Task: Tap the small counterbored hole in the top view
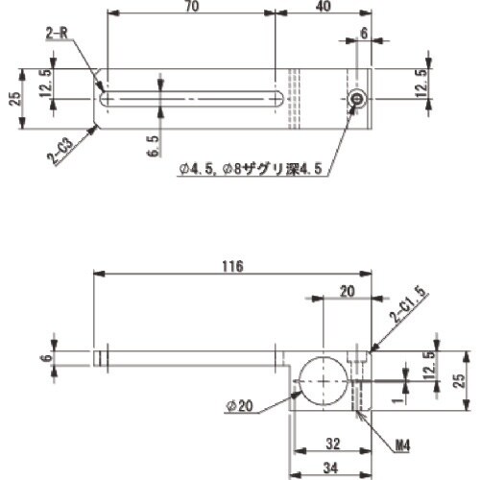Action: point(357,98)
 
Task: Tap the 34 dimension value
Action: point(329,468)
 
